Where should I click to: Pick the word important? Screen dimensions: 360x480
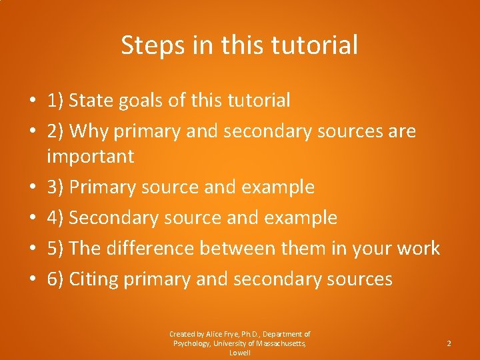point(91,157)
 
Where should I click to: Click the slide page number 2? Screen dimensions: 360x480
point(449,343)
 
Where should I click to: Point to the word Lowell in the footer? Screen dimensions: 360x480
point(240,353)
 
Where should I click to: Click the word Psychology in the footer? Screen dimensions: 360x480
point(193,343)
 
